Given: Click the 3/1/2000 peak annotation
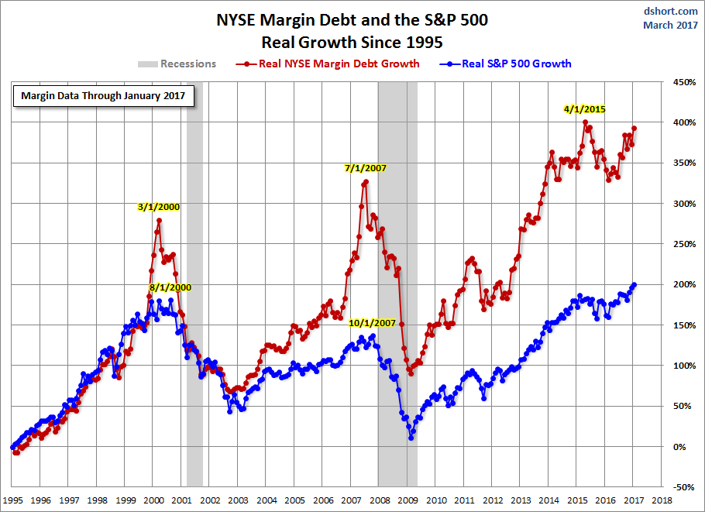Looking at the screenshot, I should point(158,207).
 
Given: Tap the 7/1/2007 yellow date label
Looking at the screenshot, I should point(365,167).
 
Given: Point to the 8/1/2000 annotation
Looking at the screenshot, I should point(170,287).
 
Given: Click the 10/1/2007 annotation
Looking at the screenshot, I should point(372,322).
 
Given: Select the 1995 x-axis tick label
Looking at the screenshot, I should point(12,501).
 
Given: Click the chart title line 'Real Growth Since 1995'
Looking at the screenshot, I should point(352,40).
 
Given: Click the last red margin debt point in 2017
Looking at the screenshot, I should point(634,129).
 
